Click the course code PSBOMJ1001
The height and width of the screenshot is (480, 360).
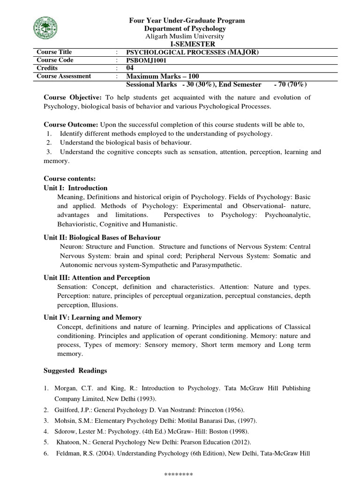(147, 60)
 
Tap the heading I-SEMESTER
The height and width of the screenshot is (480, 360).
(187, 44)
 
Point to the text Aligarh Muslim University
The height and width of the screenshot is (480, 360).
(187, 36)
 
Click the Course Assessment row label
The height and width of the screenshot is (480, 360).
(64, 76)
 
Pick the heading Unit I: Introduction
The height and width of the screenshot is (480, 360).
(75, 187)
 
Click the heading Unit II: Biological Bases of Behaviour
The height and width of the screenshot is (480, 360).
(102, 237)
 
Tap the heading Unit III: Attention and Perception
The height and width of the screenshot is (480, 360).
(97, 277)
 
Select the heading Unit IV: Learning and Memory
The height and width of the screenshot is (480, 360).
(93, 317)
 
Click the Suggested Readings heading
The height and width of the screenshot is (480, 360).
(75, 370)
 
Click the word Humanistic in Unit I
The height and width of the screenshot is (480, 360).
(162, 225)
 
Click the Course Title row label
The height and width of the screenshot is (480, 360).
(54, 52)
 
